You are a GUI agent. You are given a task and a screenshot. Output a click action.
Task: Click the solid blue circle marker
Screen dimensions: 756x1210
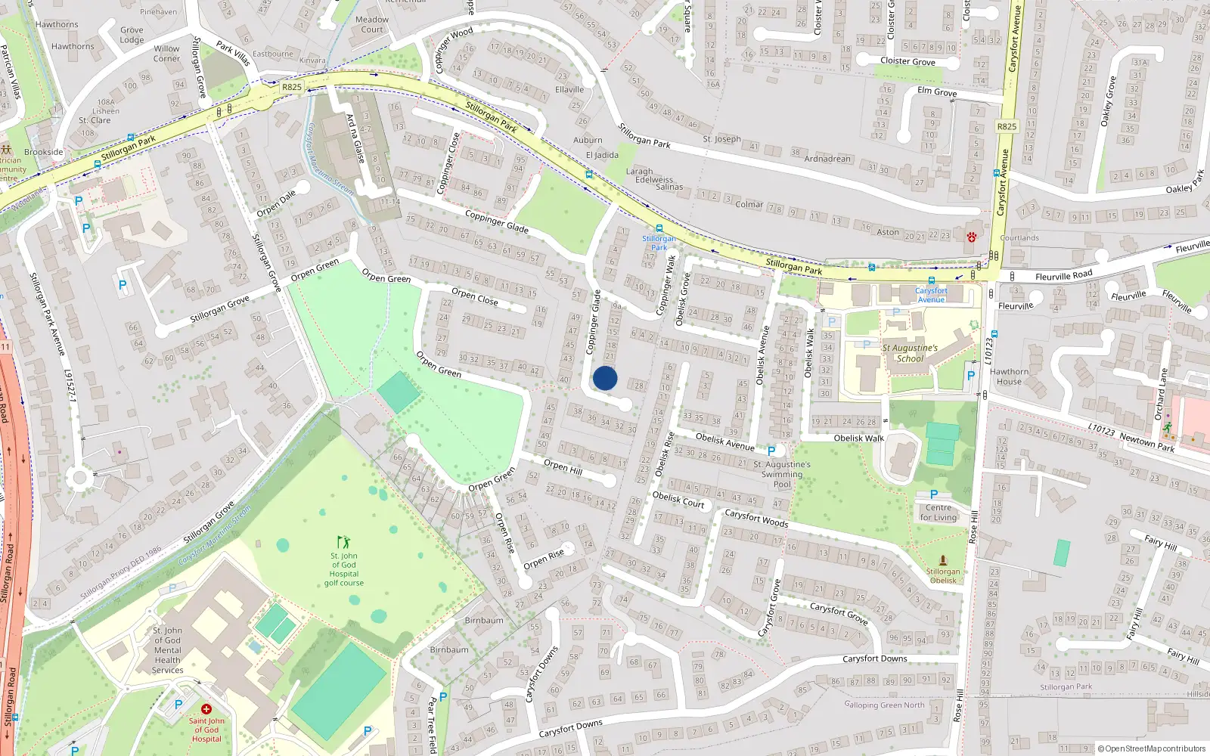tap(605, 378)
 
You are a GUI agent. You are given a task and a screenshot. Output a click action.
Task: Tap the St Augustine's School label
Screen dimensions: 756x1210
tap(910, 353)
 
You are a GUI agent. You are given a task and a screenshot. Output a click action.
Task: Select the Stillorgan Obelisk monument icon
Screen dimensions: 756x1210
tap(943, 560)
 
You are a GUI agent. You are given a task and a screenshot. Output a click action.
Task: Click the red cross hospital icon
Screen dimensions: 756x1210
tap(206, 709)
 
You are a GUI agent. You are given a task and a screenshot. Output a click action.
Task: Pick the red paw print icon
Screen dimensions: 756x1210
tap(972, 237)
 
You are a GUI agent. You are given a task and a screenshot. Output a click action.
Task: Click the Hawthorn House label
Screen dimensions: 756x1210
tap(1009, 376)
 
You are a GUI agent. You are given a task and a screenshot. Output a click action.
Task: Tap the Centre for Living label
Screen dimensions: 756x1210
tap(938, 513)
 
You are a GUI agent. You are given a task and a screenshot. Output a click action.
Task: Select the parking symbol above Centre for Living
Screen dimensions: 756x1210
tap(934, 495)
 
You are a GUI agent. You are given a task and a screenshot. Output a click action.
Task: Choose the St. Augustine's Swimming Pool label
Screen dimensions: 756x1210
tap(782, 474)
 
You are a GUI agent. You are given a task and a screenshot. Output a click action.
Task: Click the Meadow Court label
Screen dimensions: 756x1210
tap(372, 24)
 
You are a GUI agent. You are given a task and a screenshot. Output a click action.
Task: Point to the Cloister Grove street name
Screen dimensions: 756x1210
tap(907, 61)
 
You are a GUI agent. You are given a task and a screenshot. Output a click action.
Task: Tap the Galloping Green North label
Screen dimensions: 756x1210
tap(884, 705)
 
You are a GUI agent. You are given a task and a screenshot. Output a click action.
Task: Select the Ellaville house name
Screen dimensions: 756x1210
tap(569, 89)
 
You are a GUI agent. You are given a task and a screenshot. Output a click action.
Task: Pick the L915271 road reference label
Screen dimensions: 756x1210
tap(71, 396)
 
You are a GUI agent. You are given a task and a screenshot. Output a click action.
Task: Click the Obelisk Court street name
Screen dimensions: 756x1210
tap(678, 500)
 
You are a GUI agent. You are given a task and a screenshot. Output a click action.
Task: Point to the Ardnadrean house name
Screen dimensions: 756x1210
tap(827, 159)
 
